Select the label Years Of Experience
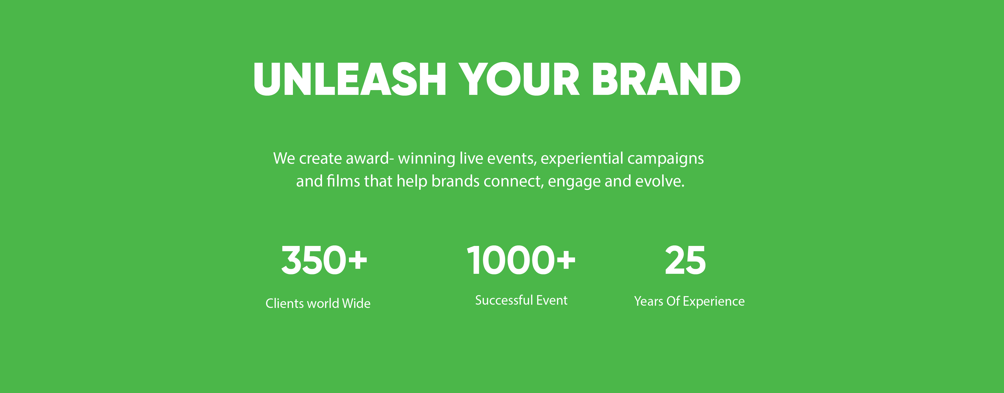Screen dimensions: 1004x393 point(689,301)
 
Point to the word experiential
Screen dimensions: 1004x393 point(582,159)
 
